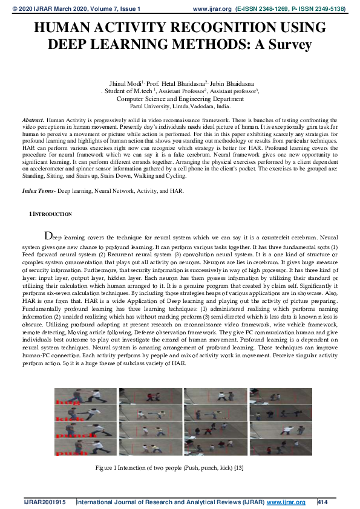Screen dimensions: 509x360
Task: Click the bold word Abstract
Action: click(32, 121)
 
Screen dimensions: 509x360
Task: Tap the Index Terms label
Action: click(38, 190)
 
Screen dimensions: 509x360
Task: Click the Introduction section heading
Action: click(53, 214)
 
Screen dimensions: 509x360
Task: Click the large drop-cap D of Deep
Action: click(49, 236)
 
